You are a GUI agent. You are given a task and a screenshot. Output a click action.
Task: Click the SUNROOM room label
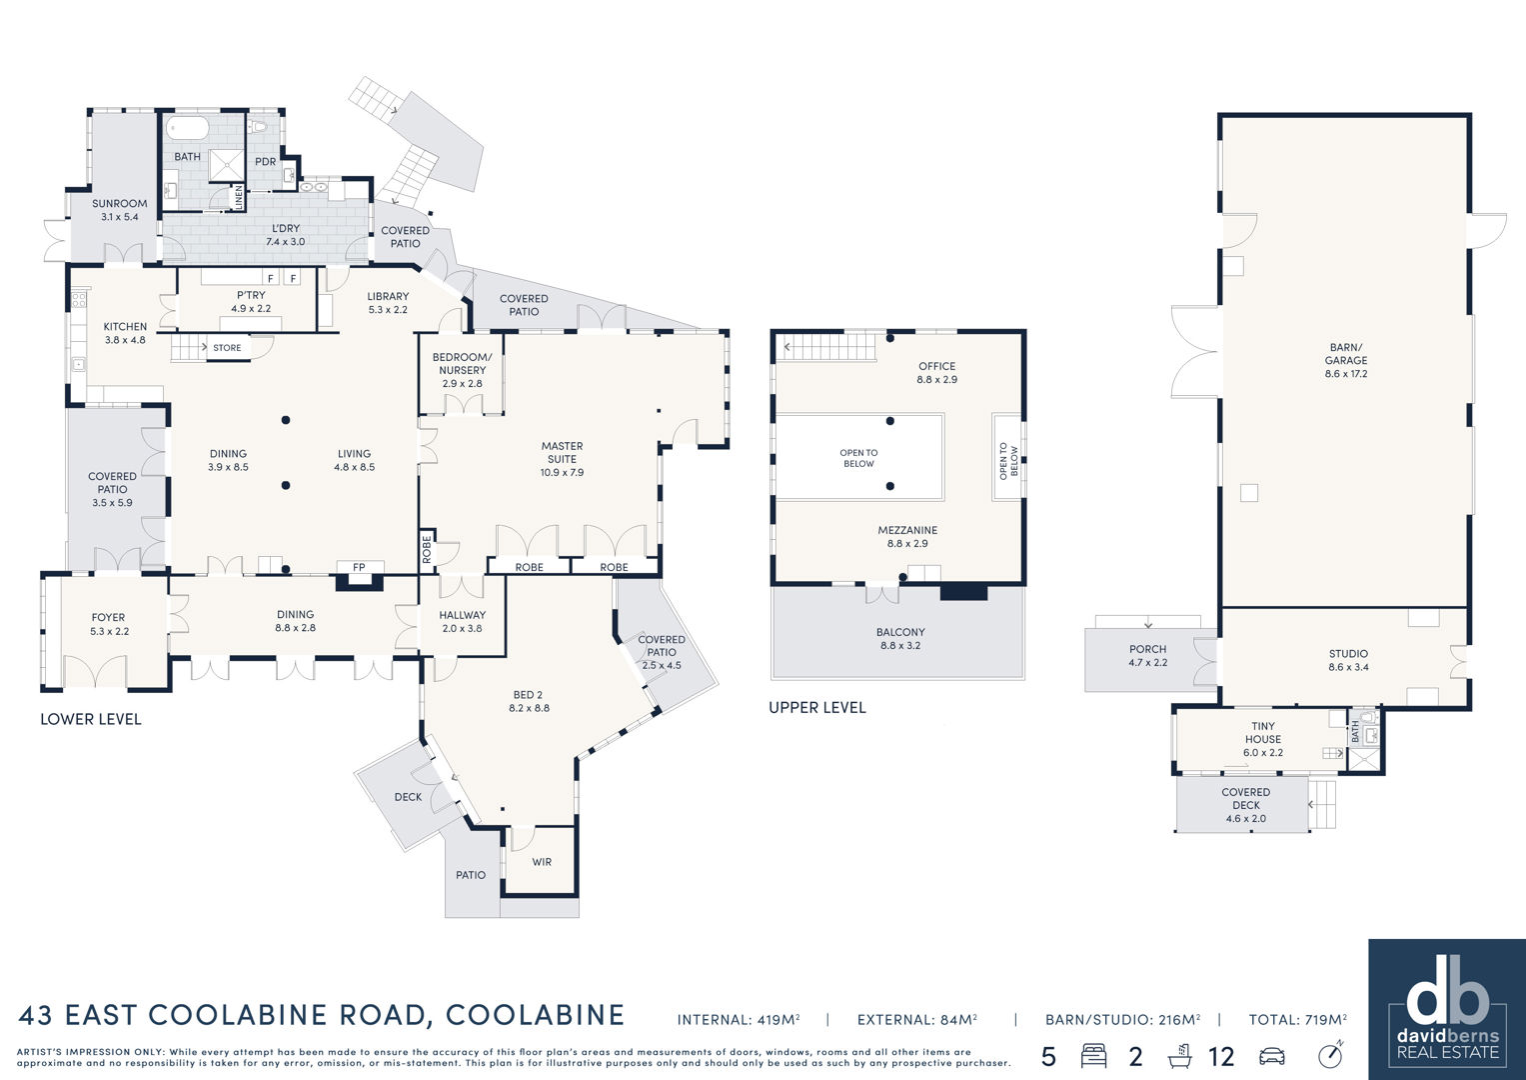[119, 203]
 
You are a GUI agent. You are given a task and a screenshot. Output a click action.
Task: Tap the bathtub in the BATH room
[187, 128]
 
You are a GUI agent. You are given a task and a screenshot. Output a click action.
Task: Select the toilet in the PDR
[259, 126]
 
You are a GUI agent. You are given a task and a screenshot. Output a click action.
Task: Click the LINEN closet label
[239, 198]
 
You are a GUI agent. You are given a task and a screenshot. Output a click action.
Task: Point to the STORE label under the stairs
[227, 348]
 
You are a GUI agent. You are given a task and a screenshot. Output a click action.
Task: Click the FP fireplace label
[359, 567]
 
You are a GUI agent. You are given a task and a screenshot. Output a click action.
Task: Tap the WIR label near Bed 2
[542, 862]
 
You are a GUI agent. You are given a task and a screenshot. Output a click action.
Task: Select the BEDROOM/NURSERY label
[462, 363]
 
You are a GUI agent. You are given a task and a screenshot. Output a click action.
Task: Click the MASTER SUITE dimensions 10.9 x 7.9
[562, 472]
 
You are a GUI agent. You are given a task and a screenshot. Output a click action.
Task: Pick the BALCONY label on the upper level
[900, 632]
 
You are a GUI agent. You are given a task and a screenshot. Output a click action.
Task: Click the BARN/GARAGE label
[1346, 353]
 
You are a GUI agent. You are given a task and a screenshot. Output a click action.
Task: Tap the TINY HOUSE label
[1263, 732]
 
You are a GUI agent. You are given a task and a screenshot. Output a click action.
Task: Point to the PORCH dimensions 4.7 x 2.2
[1148, 662]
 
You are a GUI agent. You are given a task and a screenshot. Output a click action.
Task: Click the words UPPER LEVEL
[817, 708]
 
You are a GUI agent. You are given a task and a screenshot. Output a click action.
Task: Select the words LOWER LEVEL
[91, 719]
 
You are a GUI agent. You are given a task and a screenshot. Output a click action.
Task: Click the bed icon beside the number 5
[1094, 1056]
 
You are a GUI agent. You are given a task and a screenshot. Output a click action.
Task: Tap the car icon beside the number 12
[1272, 1056]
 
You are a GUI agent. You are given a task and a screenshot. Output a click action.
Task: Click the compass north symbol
[1330, 1055]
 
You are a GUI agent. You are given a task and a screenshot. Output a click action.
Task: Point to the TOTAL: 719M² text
[1298, 1020]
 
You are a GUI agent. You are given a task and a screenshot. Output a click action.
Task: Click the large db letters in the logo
[1448, 1001]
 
